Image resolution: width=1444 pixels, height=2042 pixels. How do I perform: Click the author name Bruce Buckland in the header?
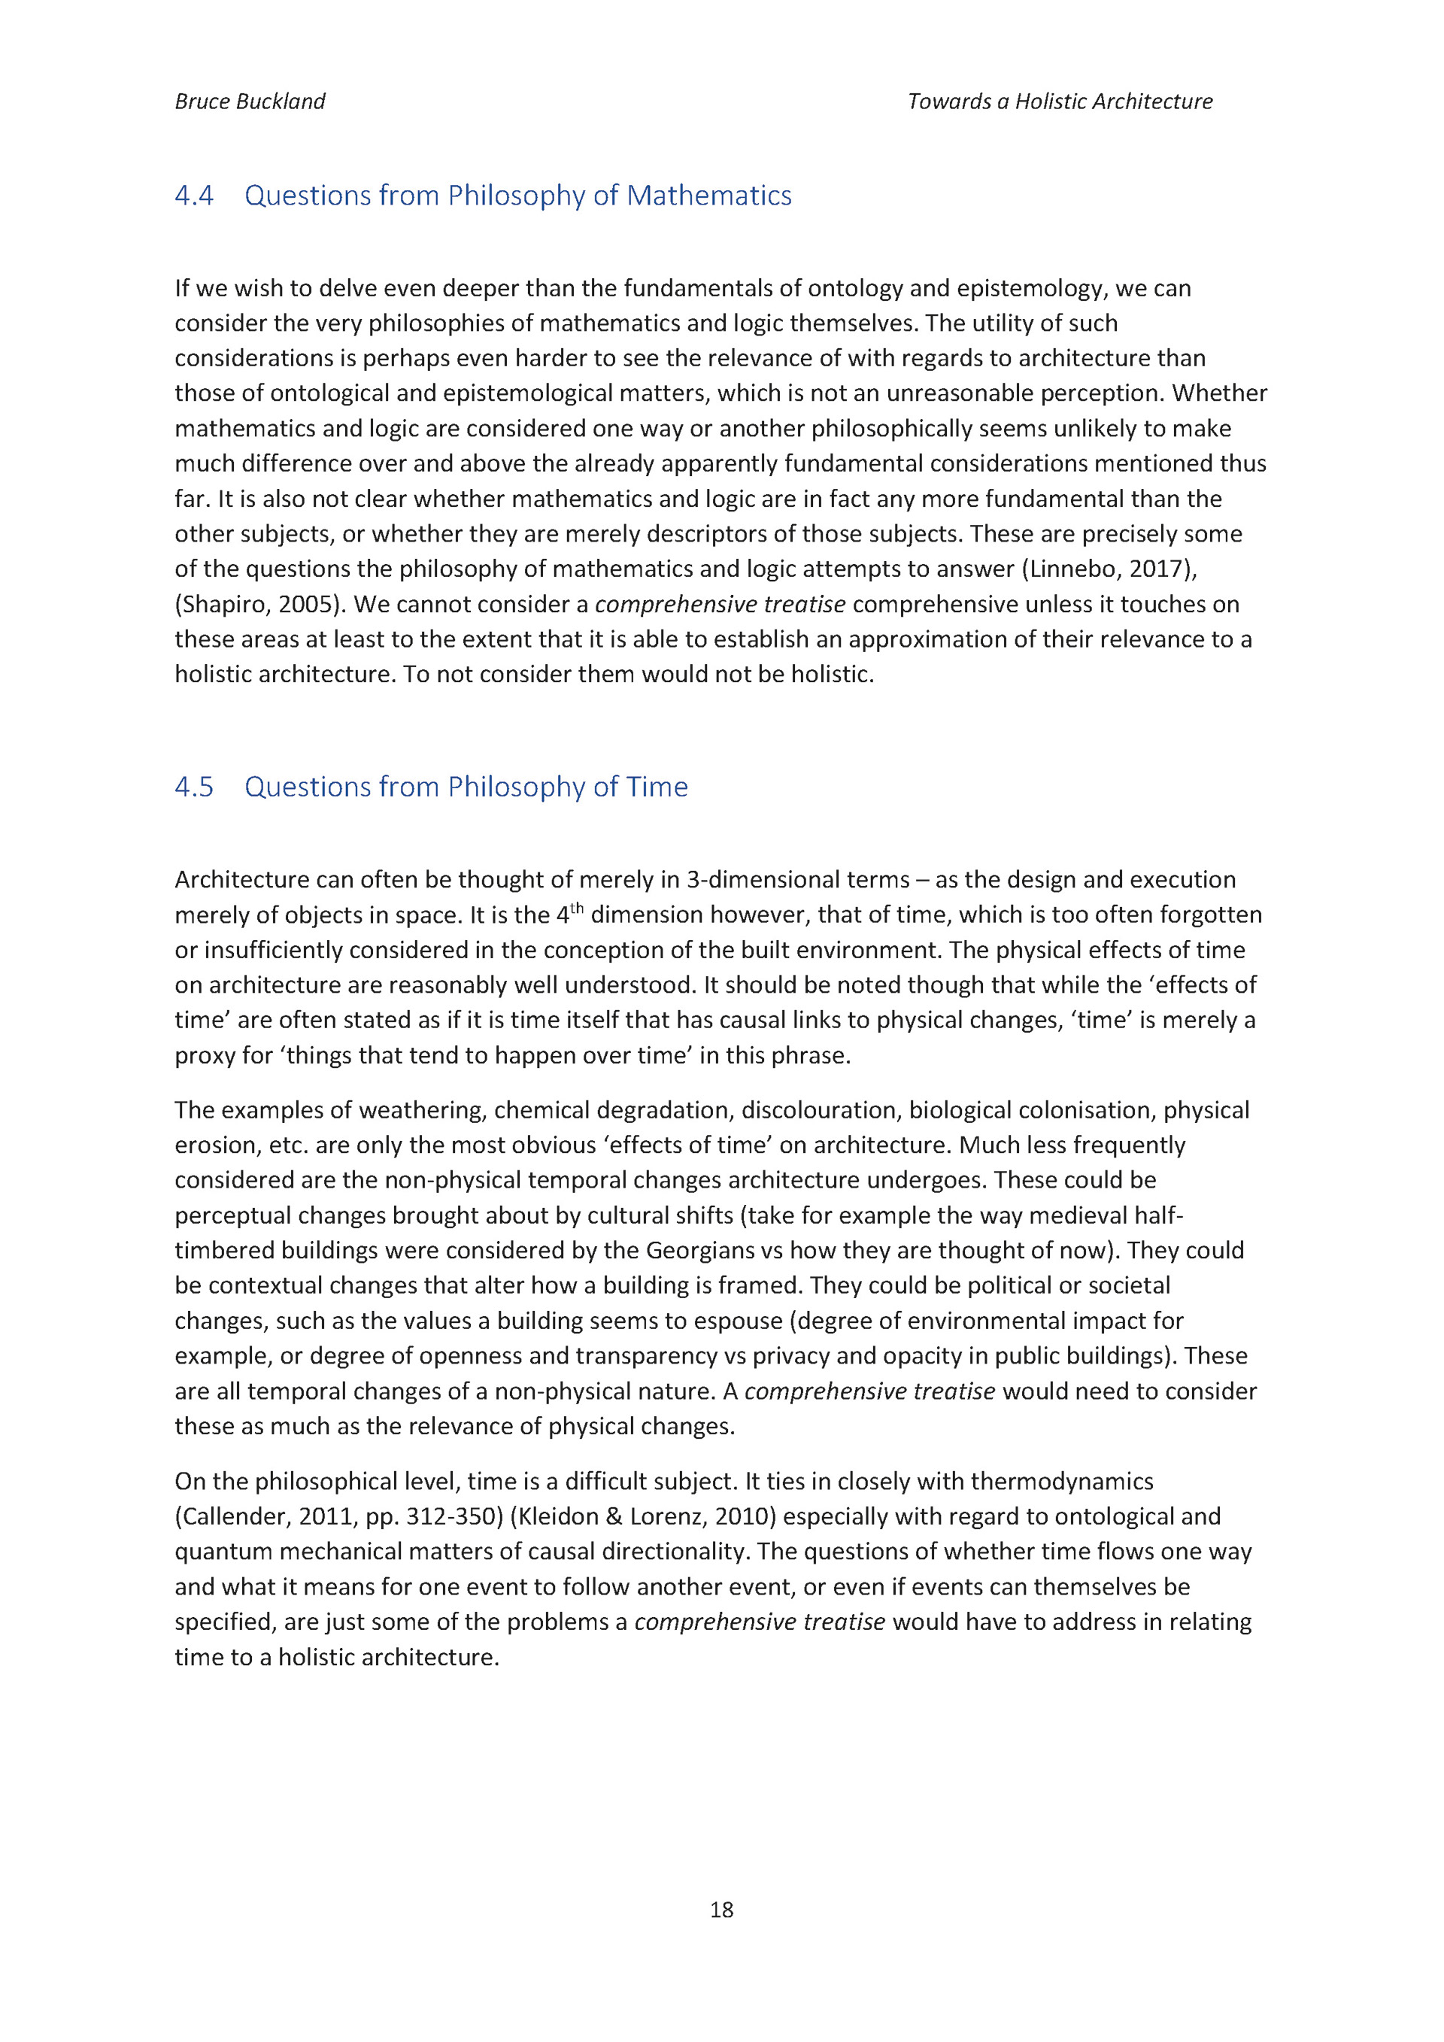[x=250, y=102]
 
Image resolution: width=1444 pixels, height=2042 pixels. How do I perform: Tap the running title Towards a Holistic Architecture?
[x=1060, y=102]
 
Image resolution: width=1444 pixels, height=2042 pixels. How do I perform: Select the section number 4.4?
[x=194, y=196]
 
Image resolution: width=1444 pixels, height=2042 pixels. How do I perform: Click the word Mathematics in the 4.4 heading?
[x=708, y=196]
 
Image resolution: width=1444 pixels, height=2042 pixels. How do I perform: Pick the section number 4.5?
[x=194, y=787]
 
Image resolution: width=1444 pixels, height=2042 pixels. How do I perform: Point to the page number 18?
[x=721, y=1910]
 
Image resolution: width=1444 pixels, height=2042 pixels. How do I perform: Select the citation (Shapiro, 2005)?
[x=259, y=605]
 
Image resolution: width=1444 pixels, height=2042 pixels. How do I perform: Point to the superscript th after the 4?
[x=576, y=908]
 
